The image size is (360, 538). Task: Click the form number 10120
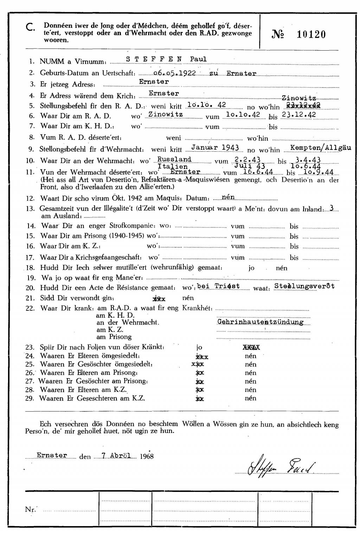point(311,34)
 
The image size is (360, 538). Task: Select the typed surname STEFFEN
point(154,59)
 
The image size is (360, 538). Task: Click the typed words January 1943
point(216,148)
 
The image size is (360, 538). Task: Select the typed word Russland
point(174,160)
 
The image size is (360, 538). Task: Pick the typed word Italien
point(173,167)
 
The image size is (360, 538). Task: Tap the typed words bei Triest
point(219,286)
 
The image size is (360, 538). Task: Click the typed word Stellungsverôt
point(304,286)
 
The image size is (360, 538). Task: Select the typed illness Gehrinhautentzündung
point(260,322)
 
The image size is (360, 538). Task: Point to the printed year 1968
point(147,456)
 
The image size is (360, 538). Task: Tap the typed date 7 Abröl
point(116,455)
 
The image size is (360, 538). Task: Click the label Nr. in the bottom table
point(31,509)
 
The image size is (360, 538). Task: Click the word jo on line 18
point(251,268)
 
